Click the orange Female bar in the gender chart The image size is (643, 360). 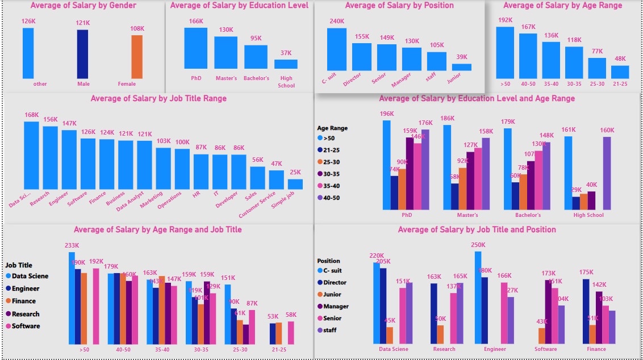click(x=137, y=57)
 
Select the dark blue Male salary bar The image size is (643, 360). click(x=82, y=54)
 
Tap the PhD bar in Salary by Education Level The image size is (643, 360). click(x=196, y=48)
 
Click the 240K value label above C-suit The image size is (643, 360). click(x=337, y=22)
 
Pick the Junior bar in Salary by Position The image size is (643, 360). click(x=462, y=67)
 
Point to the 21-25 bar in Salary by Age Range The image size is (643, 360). click(x=620, y=72)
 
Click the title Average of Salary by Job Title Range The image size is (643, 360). click(x=158, y=99)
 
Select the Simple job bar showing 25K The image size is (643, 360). click(x=295, y=184)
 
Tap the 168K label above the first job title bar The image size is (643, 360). click(x=31, y=115)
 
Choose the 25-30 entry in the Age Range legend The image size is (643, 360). click(x=331, y=162)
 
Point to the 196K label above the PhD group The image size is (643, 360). click(x=387, y=114)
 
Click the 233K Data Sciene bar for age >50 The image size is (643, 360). click(x=72, y=298)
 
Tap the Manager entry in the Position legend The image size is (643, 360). click(x=335, y=307)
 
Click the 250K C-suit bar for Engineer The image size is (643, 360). click(x=478, y=298)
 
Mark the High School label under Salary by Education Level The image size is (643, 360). click(x=286, y=82)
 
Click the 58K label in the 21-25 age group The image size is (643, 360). click(x=291, y=315)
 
